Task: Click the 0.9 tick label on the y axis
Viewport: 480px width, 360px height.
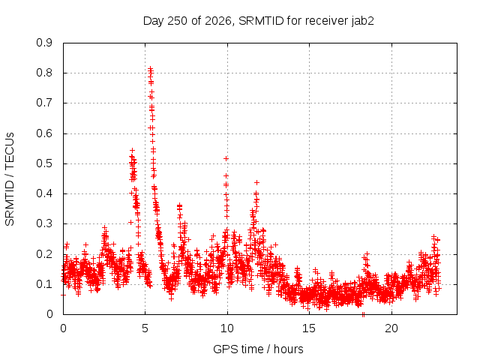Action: pyautogui.click(x=44, y=43)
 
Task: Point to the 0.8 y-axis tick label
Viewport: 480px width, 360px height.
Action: pyautogui.click(x=44, y=73)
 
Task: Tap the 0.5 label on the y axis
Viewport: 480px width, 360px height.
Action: pyautogui.click(x=44, y=163)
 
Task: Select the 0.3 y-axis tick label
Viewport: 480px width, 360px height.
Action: pyautogui.click(x=44, y=223)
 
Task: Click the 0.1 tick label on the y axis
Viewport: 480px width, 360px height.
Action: pyautogui.click(x=44, y=284)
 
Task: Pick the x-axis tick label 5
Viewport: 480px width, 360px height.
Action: pyautogui.click(x=145, y=328)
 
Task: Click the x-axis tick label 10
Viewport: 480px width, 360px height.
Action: pyautogui.click(x=227, y=328)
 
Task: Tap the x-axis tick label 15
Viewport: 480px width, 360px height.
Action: pyautogui.click(x=309, y=328)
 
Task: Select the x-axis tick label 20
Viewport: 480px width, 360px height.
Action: pyautogui.click(x=391, y=328)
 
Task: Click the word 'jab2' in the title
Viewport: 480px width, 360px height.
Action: pyautogui.click(x=362, y=21)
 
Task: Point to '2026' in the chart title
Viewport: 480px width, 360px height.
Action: pyautogui.click(x=219, y=21)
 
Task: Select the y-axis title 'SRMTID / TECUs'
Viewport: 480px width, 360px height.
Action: pyautogui.click(x=10, y=179)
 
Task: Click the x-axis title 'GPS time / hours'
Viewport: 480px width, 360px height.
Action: pyautogui.click(x=258, y=349)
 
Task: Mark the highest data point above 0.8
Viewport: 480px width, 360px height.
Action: pyautogui.click(x=150, y=68)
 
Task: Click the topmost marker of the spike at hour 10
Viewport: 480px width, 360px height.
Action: pyautogui.click(x=226, y=158)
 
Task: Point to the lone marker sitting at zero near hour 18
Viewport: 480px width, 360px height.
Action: pyautogui.click(x=363, y=314)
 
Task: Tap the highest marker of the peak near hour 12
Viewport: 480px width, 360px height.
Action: pyautogui.click(x=256, y=183)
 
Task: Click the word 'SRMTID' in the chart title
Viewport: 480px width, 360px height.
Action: pyautogui.click(x=261, y=21)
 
